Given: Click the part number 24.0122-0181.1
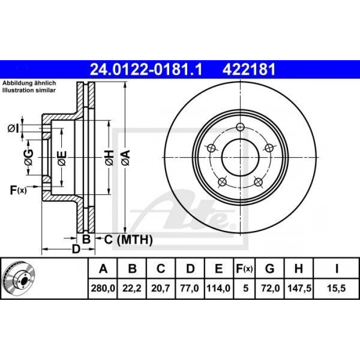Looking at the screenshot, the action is [146, 69].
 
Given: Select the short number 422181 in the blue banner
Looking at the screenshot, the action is [249, 69].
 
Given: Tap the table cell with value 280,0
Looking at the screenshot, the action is [103, 288].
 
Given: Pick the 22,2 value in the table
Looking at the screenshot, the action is [132, 288].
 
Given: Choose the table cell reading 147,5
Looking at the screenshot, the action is [299, 288].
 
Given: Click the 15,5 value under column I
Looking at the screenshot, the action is [336, 288].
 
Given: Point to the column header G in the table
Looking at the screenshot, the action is [270, 268].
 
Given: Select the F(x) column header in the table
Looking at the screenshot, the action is [244, 268].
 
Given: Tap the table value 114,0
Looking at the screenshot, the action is [219, 288].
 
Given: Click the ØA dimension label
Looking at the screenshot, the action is [126, 157].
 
